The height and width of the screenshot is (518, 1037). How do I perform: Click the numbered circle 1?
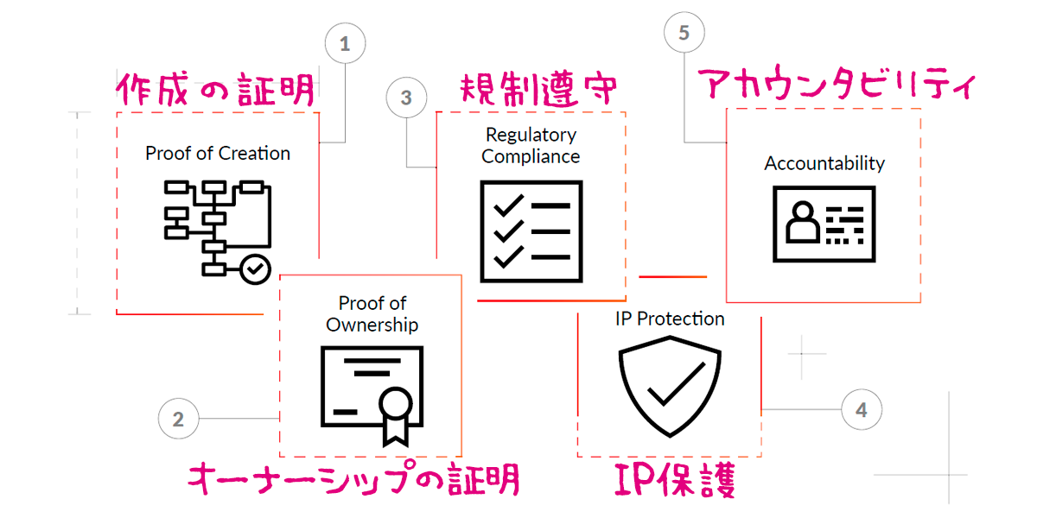click(345, 44)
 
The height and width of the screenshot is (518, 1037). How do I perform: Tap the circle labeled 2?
click(179, 420)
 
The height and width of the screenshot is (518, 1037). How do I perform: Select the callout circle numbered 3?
click(407, 98)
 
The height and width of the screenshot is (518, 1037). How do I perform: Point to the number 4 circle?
click(861, 409)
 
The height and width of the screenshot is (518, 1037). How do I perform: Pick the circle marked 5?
click(684, 33)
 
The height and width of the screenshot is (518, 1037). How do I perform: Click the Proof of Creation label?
click(218, 154)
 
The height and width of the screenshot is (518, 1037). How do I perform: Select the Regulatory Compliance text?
click(531, 146)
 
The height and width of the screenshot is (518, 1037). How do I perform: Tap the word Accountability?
click(824, 163)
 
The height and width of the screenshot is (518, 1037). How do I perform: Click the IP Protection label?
click(670, 319)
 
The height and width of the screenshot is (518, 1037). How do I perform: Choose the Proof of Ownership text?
click(372, 314)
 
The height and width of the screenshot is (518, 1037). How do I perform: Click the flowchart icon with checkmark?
click(218, 229)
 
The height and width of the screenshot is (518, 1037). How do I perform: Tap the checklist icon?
click(531, 231)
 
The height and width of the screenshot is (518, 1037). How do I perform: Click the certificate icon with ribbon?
click(372, 394)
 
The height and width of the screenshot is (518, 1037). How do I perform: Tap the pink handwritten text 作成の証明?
click(215, 89)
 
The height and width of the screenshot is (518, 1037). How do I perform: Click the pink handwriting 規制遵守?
click(537, 89)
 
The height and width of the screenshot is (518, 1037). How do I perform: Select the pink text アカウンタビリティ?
click(836, 86)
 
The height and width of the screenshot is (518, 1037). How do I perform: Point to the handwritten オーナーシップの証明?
click(353, 477)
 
